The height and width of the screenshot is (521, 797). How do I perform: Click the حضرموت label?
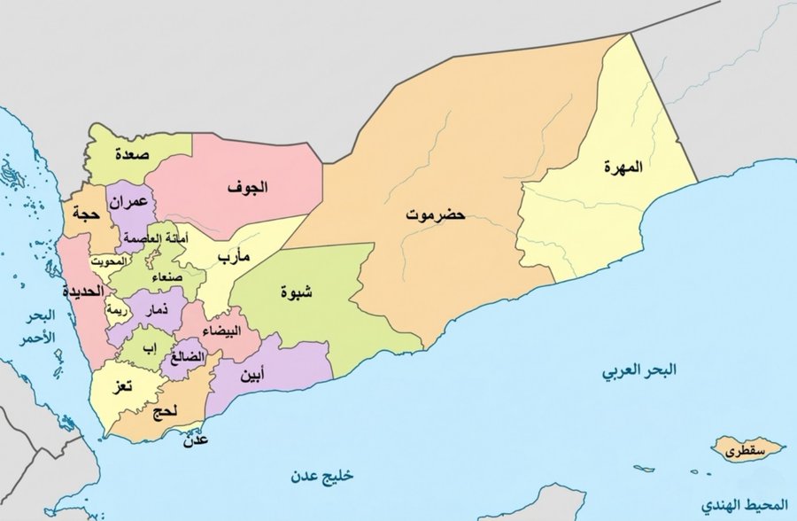tap(435, 214)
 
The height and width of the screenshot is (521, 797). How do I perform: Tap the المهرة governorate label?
tap(623, 167)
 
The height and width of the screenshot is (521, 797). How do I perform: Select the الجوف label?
tap(247, 188)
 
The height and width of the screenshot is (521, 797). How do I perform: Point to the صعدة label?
tap(130, 154)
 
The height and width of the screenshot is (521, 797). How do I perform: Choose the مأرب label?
tap(235, 256)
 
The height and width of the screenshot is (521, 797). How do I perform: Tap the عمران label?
tap(128, 202)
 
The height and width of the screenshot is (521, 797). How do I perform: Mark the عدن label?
tap(194, 439)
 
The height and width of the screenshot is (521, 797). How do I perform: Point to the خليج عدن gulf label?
tap(320, 476)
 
